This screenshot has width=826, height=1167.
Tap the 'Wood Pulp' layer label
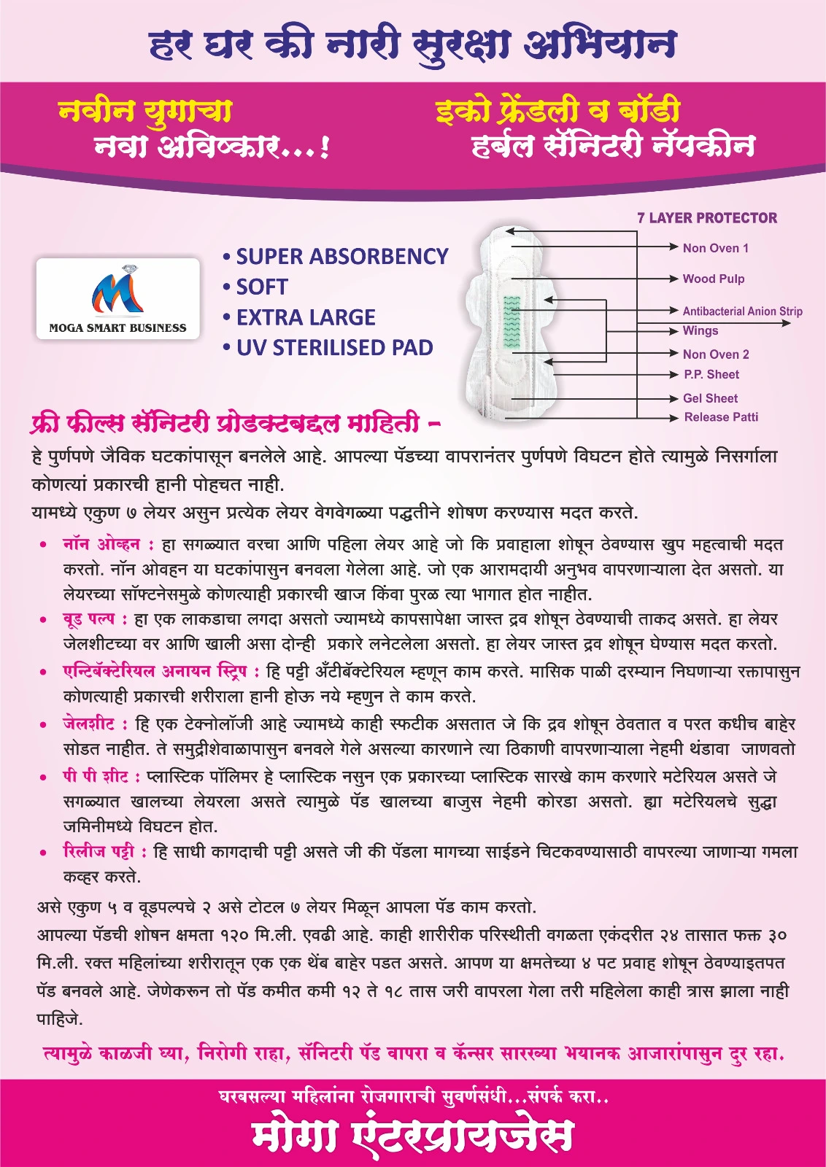pos(713,279)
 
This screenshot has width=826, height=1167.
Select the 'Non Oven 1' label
pos(715,248)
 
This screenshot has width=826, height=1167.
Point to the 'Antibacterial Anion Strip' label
pos(741,311)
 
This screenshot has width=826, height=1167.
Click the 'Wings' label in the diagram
pos(700,330)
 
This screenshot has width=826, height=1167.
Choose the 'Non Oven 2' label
pos(715,354)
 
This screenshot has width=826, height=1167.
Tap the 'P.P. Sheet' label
pos(711,374)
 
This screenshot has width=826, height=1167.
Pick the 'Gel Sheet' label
pos(710,398)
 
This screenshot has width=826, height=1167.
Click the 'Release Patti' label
pos(720,417)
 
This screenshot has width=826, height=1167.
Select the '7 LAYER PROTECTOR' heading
pos(706,218)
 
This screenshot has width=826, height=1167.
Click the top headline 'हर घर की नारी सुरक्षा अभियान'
pos(412,44)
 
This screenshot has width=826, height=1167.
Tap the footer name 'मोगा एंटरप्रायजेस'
pos(412,1135)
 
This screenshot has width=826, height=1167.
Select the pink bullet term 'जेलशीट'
pos(88,724)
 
